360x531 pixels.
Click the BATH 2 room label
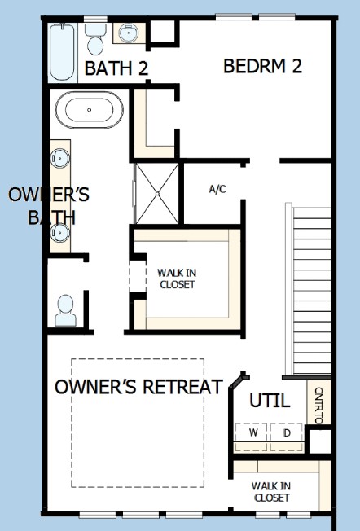tap(116, 68)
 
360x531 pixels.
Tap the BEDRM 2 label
tap(262, 66)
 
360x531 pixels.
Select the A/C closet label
tap(217, 189)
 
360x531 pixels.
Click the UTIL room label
tap(270, 401)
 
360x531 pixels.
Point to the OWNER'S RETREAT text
tap(138, 386)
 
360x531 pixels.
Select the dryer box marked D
tap(287, 432)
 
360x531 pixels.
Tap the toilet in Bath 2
tap(95, 39)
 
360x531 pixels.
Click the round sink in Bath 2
tap(129, 33)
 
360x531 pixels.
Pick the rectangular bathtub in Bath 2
tap(62, 52)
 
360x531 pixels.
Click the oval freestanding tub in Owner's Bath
tap(90, 110)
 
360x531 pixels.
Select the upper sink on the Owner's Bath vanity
tap(60, 158)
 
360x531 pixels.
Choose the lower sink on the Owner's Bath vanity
tap(60, 233)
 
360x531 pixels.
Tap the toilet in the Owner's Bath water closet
tap(66, 310)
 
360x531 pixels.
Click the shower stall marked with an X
tap(157, 193)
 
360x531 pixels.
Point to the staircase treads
tap(312, 291)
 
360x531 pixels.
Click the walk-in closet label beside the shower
tap(177, 279)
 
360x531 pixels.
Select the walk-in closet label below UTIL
tap(271, 492)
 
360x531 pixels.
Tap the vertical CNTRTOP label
tap(318, 406)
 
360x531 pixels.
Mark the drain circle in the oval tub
tap(90, 110)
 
